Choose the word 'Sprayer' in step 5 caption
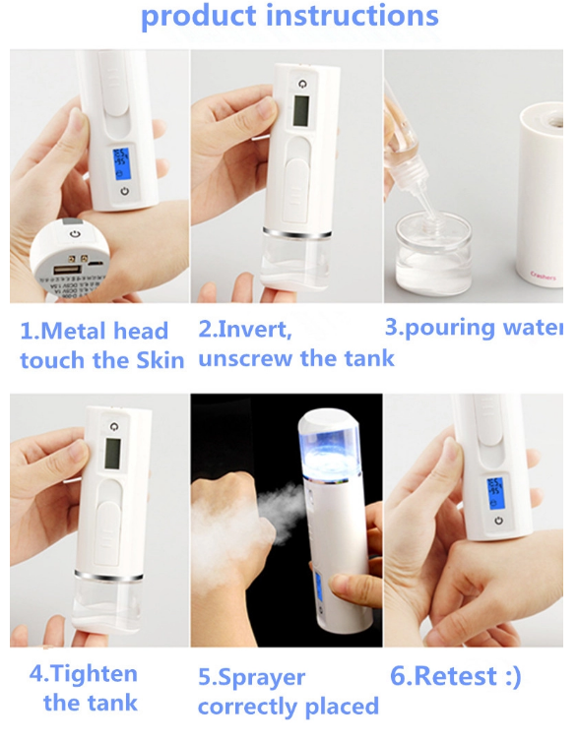point(253,678)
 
